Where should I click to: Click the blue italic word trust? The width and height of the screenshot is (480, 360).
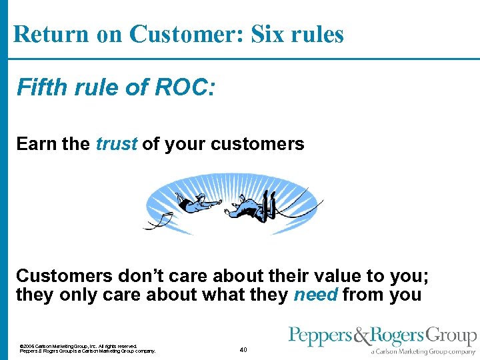pyautogui.click(x=117, y=144)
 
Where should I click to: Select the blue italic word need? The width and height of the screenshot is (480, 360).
pyautogui.click(x=315, y=294)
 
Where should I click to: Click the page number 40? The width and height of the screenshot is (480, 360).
pyautogui.click(x=243, y=349)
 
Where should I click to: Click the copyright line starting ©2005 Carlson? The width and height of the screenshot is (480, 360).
pyautogui.click(x=79, y=346)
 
